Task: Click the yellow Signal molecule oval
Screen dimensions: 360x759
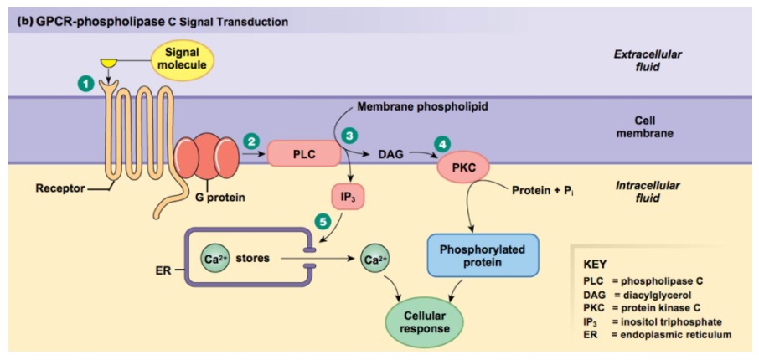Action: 183,59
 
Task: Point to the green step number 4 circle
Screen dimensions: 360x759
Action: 441,144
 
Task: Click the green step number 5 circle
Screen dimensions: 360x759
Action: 323,221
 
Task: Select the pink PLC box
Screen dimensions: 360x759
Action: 304,154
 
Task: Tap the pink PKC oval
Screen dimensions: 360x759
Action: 462,166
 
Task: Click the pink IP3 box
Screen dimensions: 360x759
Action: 347,198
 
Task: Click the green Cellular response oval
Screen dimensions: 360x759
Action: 426,322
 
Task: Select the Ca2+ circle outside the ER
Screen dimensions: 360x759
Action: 374,260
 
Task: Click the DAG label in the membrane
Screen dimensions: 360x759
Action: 390,154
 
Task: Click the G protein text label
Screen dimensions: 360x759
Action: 211,198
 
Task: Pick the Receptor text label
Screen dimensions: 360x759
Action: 59,188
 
